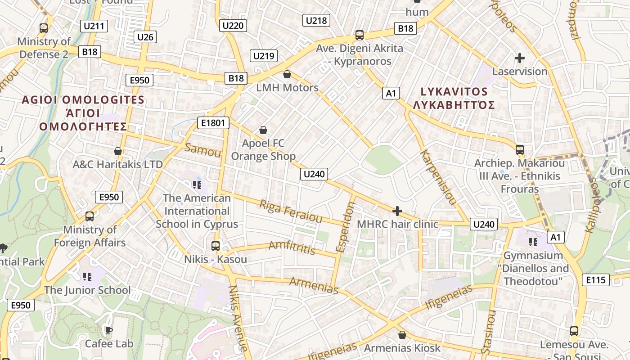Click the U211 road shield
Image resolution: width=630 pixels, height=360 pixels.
coord(94,26)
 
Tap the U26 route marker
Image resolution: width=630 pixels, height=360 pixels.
coord(145,37)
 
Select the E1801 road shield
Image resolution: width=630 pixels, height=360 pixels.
coord(213,123)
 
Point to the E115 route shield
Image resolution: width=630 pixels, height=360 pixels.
coord(596,280)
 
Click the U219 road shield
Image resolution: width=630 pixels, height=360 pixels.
coord(264,56)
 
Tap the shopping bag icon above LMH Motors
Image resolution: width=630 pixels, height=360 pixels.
coord(287,74)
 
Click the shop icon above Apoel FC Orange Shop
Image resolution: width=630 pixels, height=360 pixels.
coord(263,130)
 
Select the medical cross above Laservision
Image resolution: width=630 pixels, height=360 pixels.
coord(520,58)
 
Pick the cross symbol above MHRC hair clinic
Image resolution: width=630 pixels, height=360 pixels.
coord(397,211)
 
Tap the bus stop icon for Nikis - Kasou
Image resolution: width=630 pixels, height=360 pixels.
coord(216,246)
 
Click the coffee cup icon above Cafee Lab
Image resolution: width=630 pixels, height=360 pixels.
coord(108,331)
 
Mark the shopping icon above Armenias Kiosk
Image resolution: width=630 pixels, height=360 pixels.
coord(402,335)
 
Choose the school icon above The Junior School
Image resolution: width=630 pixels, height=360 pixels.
coord(87,276)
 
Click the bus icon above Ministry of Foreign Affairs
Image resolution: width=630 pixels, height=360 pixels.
coord(90,216)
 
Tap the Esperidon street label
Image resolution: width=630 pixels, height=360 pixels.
coord(346,227)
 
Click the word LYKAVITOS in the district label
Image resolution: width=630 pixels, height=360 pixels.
coord(454,92)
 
